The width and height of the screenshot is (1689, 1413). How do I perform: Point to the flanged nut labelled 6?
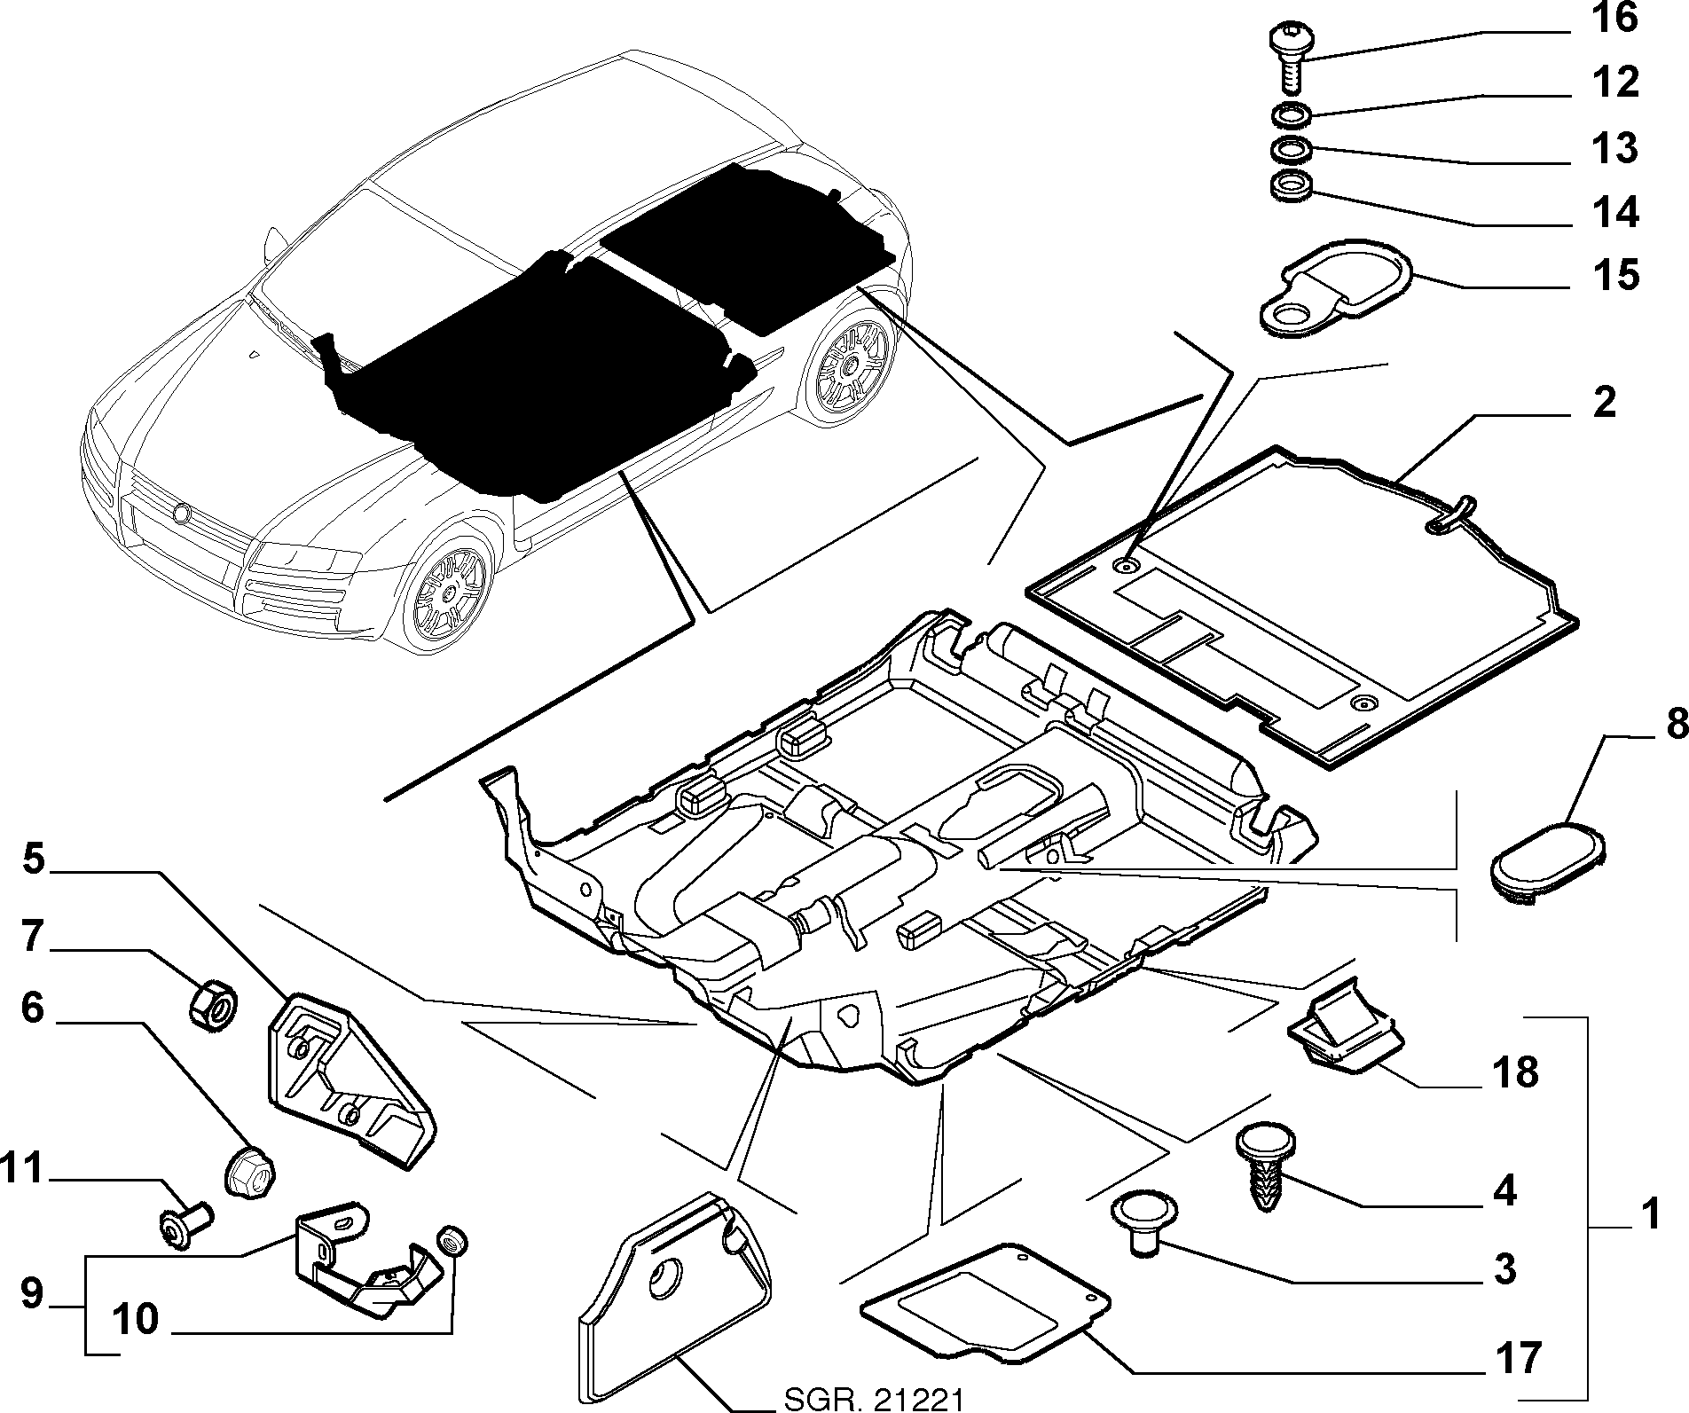[x=252, y=1171]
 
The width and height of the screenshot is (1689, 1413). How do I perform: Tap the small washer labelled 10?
[x=453, y=1240]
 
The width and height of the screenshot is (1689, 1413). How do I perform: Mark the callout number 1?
[x=1649, y=1215]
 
